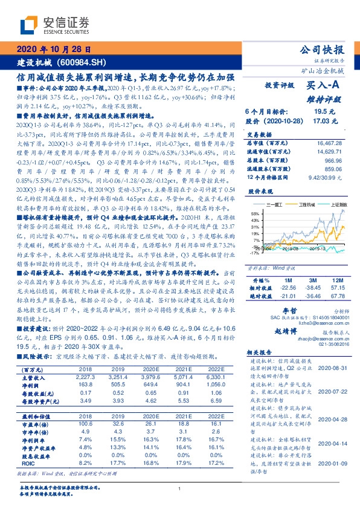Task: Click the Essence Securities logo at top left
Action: pyautogui.click(x=54, y=25)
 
